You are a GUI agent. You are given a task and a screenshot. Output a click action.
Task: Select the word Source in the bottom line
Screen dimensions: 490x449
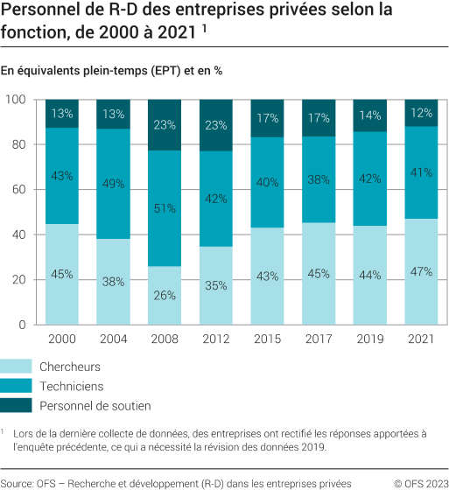coord(17,480)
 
